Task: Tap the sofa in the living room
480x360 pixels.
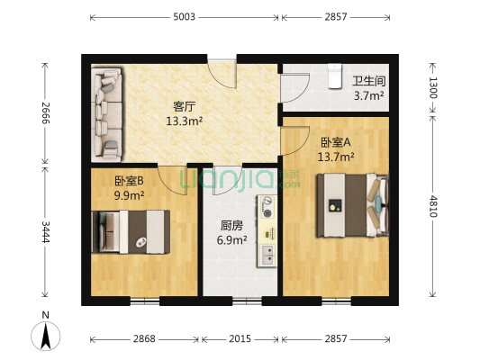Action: (107, 112)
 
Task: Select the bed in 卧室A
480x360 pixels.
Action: (352, 204)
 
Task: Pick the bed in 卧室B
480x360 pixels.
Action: (131, 231)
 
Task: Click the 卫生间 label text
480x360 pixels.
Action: (368, 79)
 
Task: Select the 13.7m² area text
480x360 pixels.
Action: (336, 157)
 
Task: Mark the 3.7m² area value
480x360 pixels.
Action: (368, 95)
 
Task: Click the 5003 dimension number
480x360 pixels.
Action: (185, 17)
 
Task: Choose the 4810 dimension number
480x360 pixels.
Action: (434, 207)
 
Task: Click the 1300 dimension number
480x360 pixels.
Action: (434, 87)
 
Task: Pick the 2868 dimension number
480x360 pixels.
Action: (144, 339)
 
